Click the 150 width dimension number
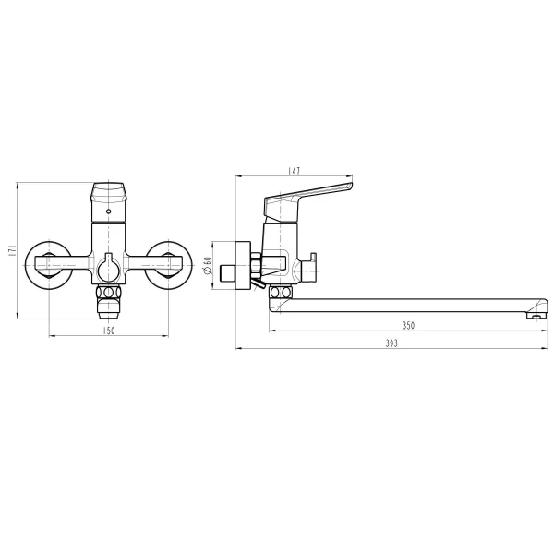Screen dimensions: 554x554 109,330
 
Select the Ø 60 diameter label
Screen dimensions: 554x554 209,268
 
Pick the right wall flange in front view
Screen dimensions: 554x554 171,267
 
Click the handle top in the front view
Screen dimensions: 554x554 109,194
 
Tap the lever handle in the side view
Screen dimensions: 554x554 309,193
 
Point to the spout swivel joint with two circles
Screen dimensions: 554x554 277,293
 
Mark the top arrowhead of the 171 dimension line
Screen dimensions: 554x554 18,184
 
